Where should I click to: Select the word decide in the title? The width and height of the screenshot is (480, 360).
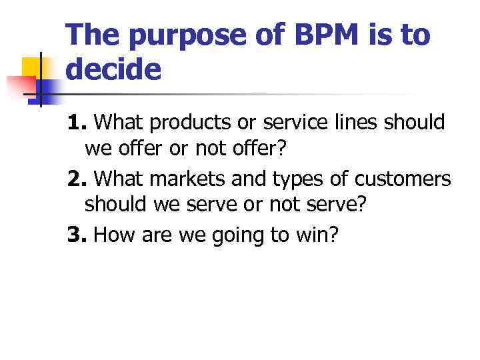113,69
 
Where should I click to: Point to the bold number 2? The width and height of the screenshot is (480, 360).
77,179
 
